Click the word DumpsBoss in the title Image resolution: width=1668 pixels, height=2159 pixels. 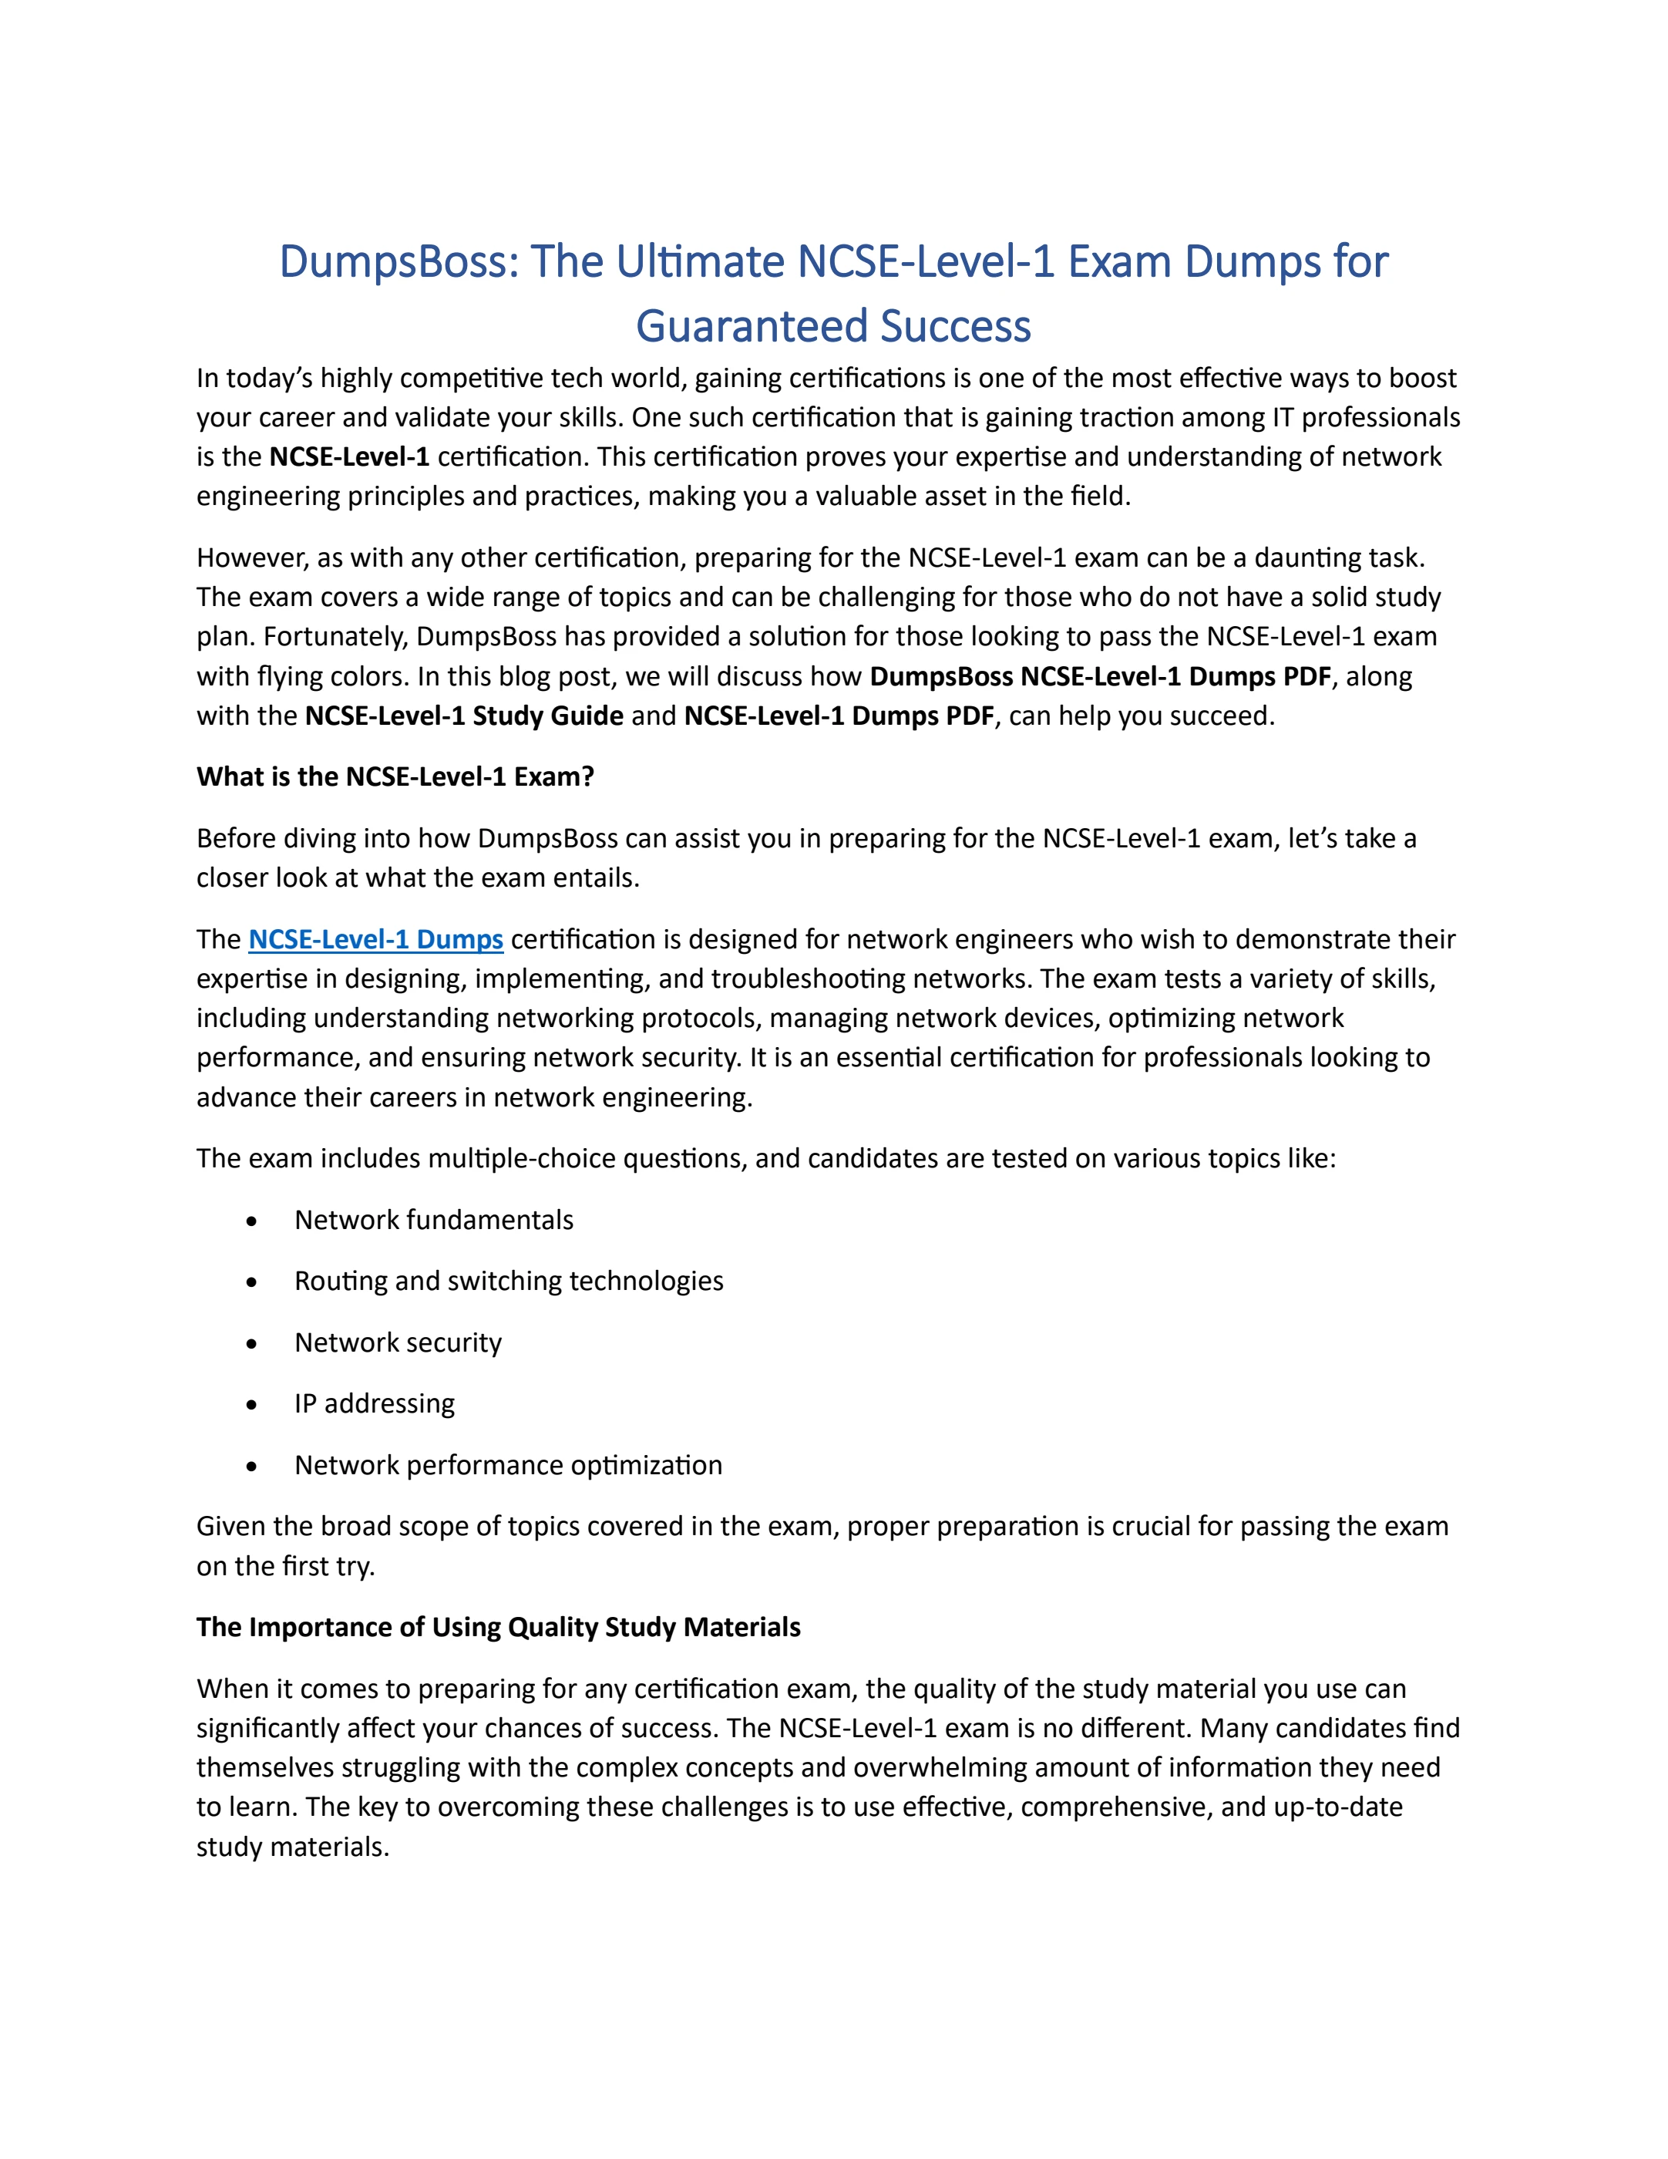point(395,263)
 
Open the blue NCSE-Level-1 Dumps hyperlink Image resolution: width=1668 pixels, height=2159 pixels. point(375,939)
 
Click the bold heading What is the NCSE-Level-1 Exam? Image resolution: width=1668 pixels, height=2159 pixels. point(395,777)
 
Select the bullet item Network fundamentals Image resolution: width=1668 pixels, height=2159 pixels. point(434,1220)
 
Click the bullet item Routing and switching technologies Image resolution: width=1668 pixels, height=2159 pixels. point(509,1282)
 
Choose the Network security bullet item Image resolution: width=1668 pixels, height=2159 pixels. point(399,1342)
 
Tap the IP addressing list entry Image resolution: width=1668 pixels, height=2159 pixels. point(375,1404)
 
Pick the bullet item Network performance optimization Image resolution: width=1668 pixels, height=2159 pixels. point(508,1465)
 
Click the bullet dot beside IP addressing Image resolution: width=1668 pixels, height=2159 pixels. point(252,1406)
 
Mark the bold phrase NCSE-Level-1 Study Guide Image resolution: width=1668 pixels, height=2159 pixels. point(465,716)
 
